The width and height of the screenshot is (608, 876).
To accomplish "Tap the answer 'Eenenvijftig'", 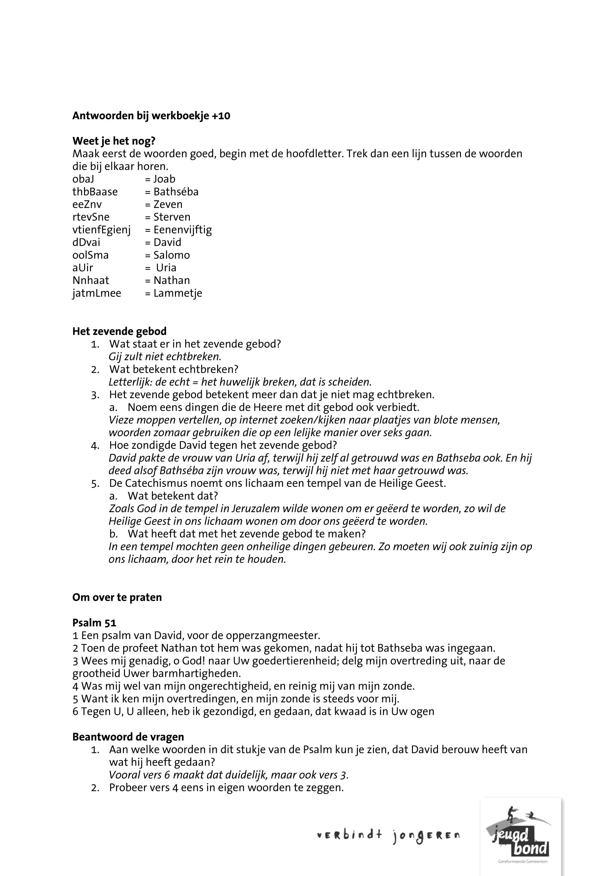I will click(183, 230).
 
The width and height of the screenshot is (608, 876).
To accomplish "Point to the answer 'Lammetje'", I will click(178, 293).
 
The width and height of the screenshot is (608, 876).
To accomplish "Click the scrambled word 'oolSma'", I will click(90, 255).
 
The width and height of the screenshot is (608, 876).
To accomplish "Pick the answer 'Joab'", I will click(164, 179).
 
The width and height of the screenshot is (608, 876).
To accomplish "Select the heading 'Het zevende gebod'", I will click(119, 331).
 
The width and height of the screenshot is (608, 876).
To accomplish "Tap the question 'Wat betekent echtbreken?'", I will click(174, 369).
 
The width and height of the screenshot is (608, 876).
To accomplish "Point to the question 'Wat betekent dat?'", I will click(173, 496).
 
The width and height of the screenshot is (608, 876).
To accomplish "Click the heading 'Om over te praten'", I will click(117, 597).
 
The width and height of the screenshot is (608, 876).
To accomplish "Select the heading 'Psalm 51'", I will click(94, 623).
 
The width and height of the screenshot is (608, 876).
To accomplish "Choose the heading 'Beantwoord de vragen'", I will click(128, 737).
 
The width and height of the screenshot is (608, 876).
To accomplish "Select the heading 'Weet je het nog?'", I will click(114, 141).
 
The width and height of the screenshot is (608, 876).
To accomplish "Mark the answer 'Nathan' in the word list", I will click(171, 281).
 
